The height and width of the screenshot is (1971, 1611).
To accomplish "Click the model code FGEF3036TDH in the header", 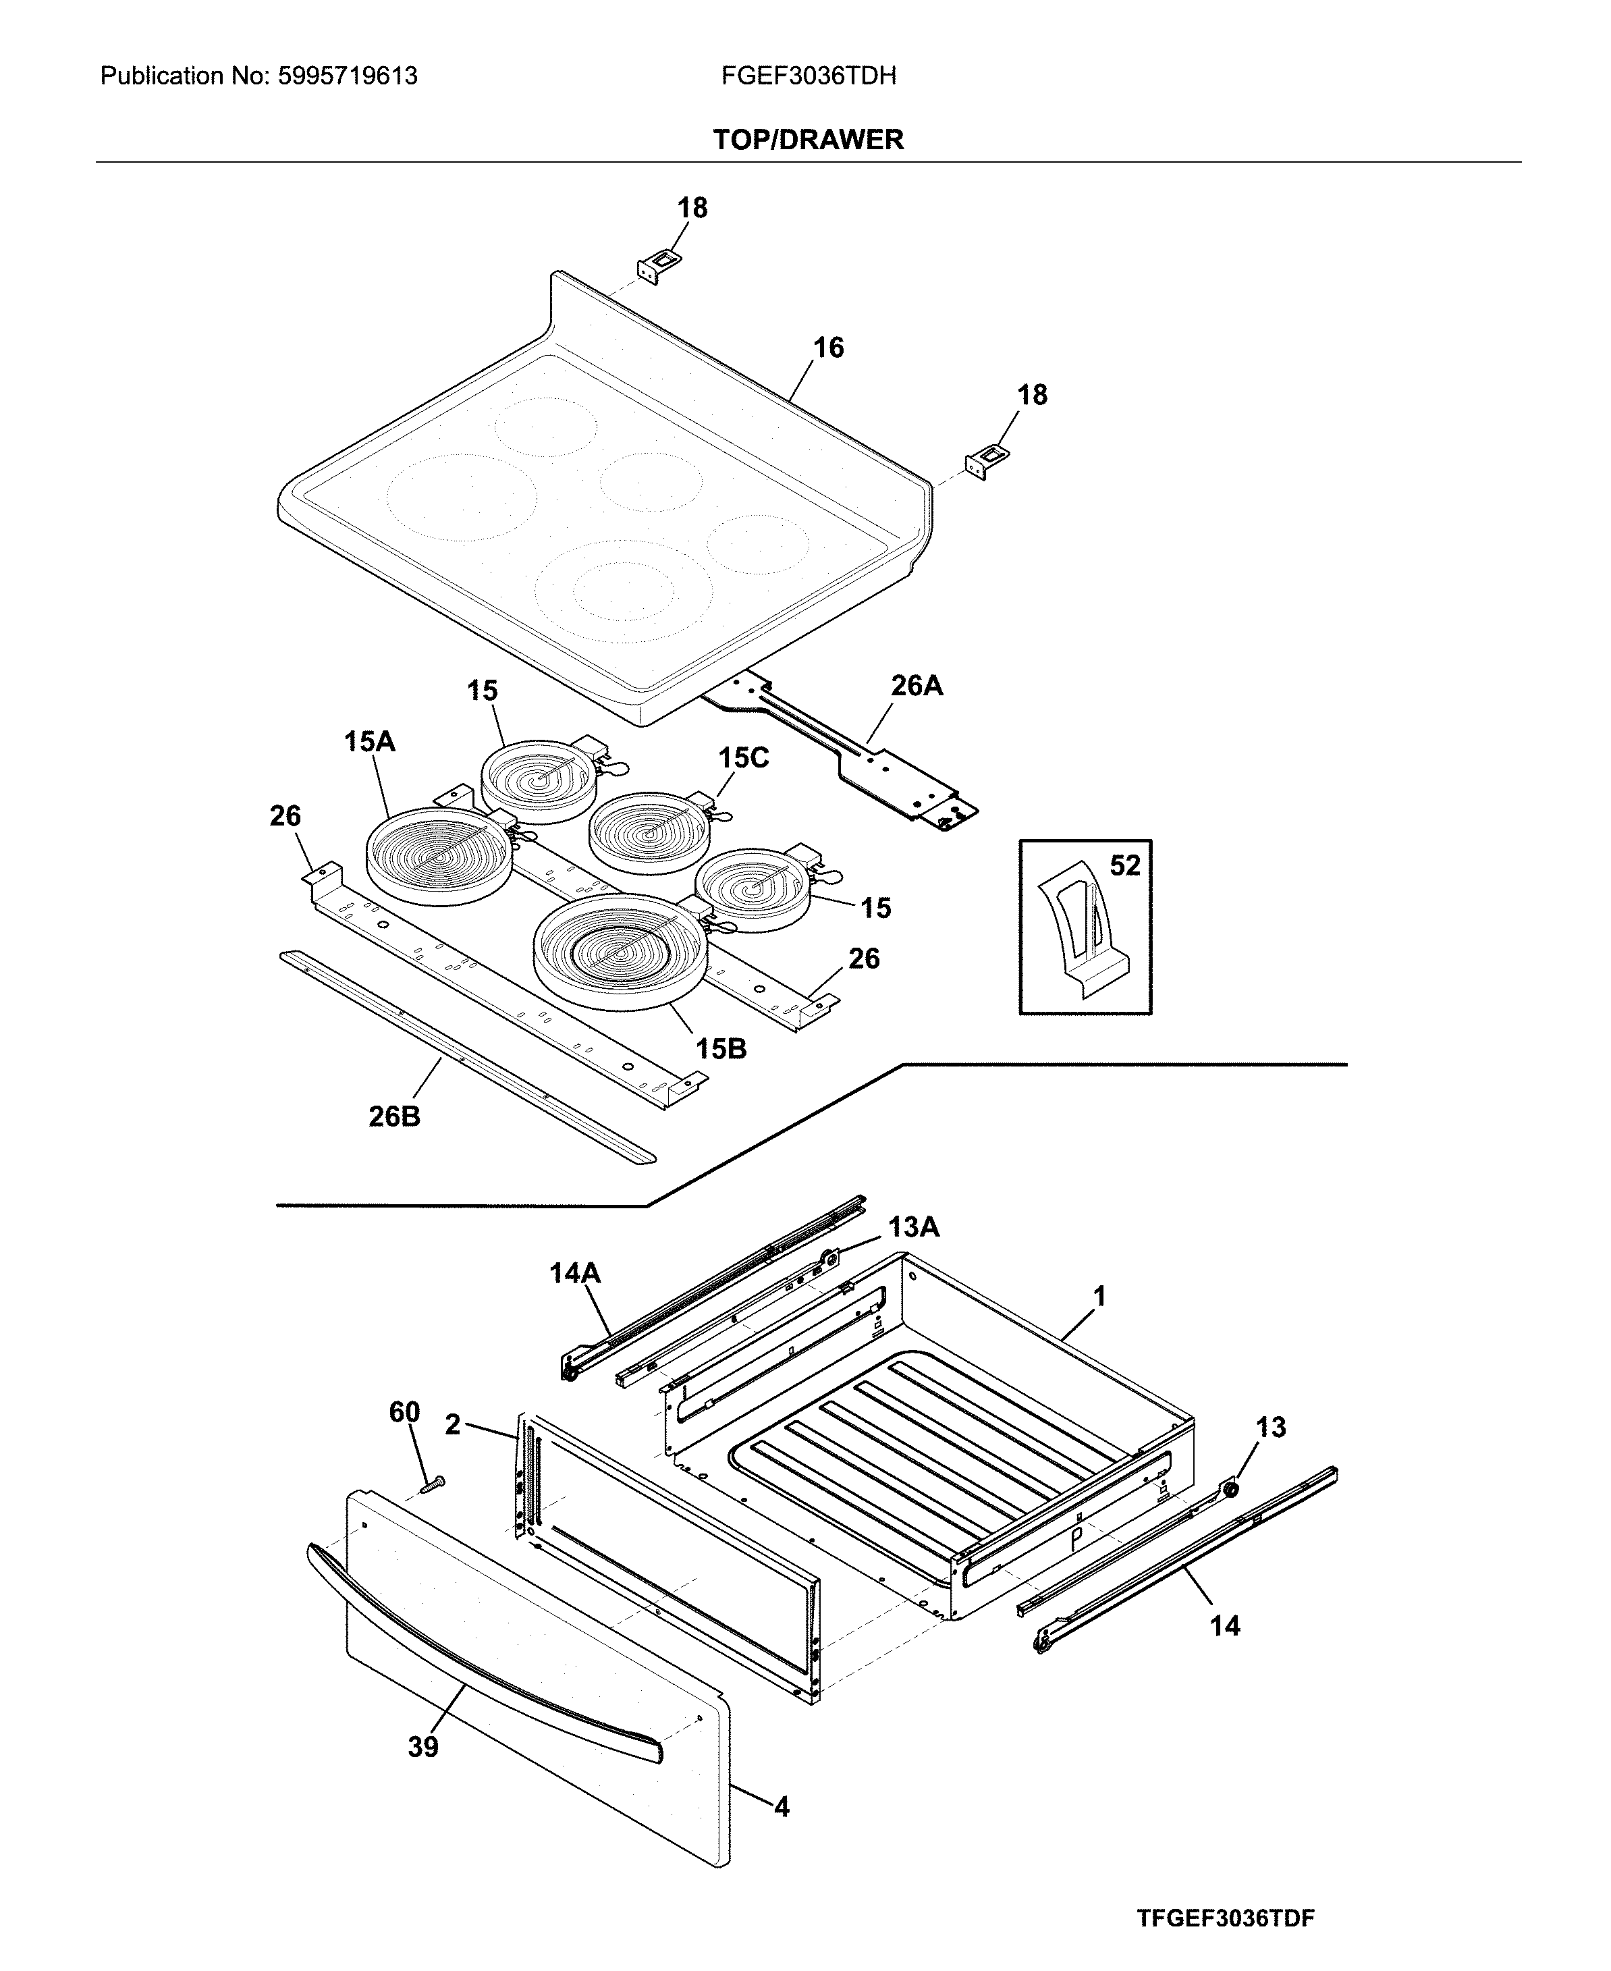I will (809, 76).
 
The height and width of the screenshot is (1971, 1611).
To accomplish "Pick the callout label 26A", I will (916, 686).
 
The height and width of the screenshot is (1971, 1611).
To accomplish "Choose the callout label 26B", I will (394, 1116).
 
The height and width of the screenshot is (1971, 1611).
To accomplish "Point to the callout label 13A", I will (913, 1228).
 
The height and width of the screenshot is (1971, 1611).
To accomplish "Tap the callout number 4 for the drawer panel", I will (782, 1807).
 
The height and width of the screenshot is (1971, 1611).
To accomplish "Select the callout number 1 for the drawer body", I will (1099, 1297).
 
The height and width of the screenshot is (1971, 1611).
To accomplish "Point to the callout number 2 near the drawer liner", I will (453, 1424).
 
